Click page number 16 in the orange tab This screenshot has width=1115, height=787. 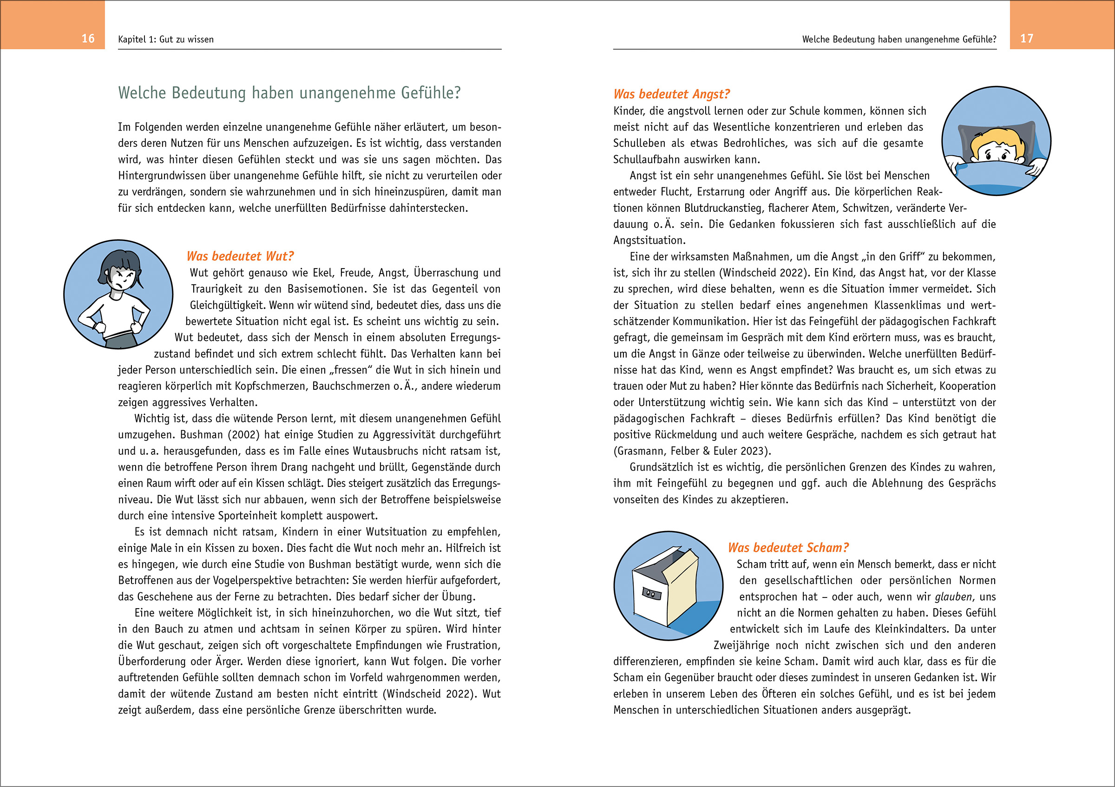[x=88, y=39]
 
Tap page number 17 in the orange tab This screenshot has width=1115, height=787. [x=1026, y=39]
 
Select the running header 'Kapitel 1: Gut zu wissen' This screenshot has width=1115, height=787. [x=165, y=39]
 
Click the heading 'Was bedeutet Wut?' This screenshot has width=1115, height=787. [x=240, y=256]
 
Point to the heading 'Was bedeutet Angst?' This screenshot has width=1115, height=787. [x=671, y=94]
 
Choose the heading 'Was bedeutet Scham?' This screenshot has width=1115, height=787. [x=787, y=548]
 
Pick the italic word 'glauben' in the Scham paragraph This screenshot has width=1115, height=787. [x=954, y=597]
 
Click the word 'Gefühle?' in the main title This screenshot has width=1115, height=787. [x=432, y=93]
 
